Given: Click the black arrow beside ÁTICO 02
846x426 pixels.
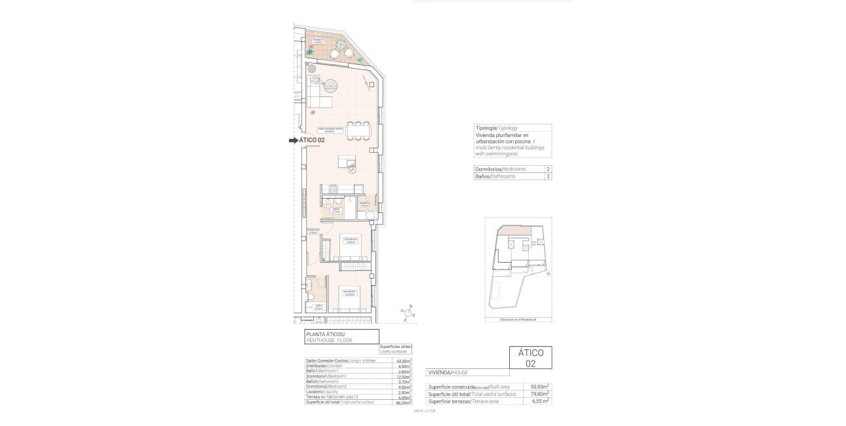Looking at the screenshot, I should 292,140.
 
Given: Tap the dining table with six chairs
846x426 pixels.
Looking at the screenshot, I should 358,131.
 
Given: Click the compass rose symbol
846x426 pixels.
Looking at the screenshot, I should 410,314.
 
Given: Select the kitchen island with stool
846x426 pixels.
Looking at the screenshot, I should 347,163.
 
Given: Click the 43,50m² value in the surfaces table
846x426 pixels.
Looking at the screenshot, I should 404,361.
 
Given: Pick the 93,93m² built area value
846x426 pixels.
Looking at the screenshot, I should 539,387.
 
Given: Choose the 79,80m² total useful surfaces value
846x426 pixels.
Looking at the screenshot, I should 539,394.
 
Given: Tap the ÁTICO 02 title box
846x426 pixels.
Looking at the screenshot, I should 530,357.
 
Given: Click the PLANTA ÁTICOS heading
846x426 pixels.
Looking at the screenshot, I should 325,334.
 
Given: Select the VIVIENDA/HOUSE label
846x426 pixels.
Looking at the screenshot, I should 448,372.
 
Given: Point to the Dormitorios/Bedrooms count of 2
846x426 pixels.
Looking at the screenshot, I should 547,169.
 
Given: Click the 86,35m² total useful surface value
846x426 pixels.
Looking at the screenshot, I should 404,402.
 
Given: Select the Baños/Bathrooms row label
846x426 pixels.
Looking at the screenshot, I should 495,176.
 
